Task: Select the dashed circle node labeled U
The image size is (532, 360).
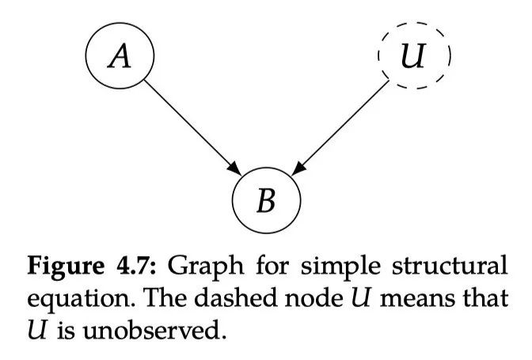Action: click(x=414, y=58)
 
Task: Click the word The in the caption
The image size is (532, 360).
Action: click(x=139, y=297)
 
